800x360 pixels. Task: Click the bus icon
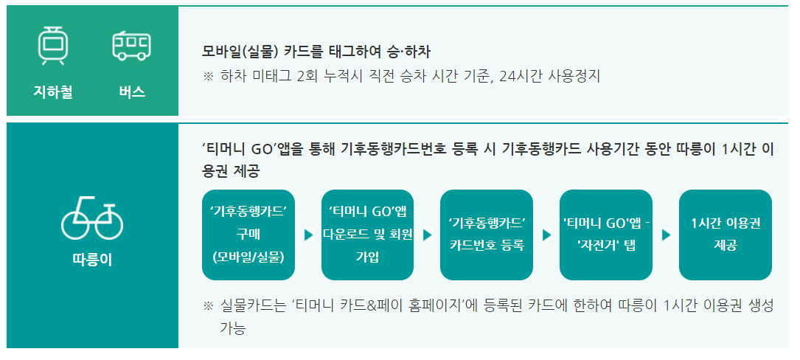click(131, 46)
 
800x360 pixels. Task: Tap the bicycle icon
click(92, 219)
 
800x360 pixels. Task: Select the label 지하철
click(52, 93)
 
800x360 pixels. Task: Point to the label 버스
click(131, 93)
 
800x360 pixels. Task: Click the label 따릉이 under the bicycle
click(92, 260)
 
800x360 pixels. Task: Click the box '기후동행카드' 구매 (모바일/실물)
click(248, 235)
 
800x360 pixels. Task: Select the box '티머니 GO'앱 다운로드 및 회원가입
click(368, 235)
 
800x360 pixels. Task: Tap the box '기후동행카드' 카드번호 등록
click(487, 235)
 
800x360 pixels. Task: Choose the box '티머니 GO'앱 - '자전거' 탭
click(606, 235)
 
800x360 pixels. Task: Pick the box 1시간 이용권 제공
click(725, 235)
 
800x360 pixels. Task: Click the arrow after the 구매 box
click(308, 235)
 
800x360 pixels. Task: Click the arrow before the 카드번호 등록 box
click(428, 235)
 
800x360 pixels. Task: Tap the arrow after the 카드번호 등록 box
click(547, 235)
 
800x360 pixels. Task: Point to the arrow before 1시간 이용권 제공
click(666, 235)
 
